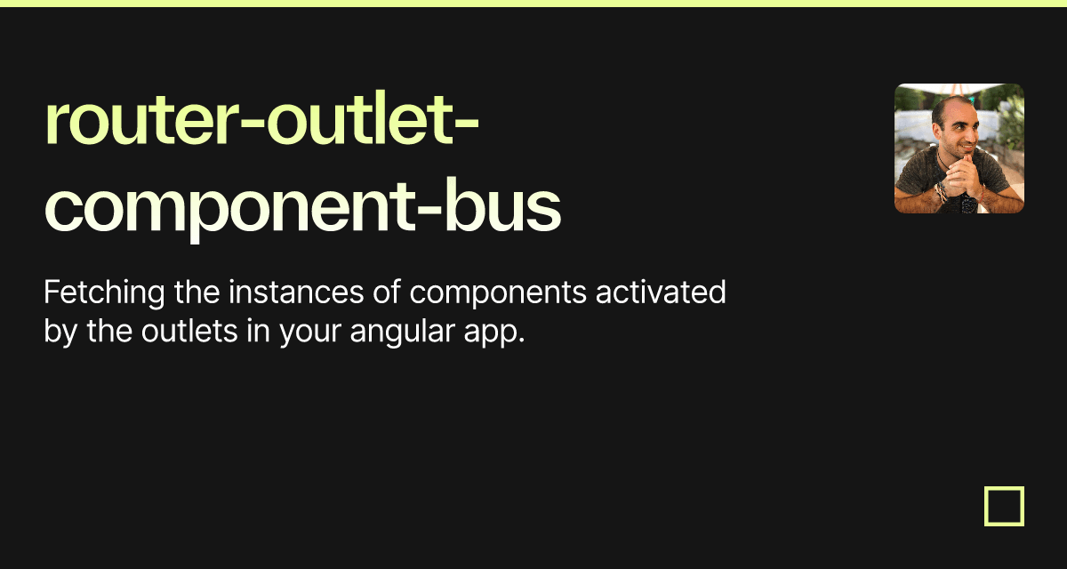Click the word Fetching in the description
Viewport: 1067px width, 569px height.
point(104,293)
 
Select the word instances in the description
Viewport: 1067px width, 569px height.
point(296,292)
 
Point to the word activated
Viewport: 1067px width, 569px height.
point(661,292)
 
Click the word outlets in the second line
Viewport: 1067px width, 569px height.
point(189,331)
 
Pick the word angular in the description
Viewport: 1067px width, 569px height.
point(403,333)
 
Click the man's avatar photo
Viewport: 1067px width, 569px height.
point(959,148)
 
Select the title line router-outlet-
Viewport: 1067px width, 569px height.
point(261,119)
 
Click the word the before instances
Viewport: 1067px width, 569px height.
point(197,292)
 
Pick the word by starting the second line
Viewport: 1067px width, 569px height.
point(60,333)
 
